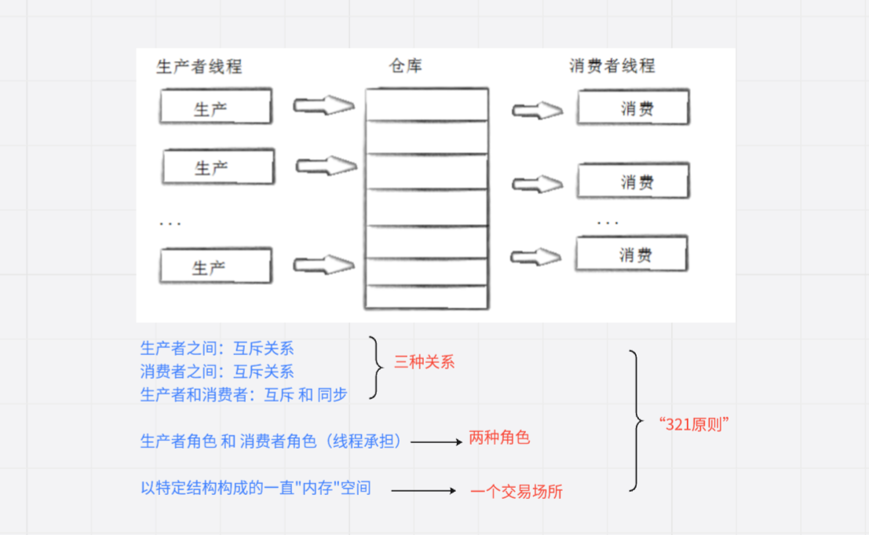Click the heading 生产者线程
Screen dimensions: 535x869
tap(199, 67)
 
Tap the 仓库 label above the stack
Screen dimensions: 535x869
tap(405, 66)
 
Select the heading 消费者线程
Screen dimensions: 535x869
tap(612, 66)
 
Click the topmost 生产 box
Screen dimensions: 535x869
tap(216, 107)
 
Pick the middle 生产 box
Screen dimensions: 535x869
tap(218, 167)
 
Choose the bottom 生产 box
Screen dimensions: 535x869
tap(216, 266)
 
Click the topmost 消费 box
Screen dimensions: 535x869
tap(633, 108)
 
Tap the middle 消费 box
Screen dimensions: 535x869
tap(633, 181)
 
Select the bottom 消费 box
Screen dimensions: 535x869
tap(631, 255)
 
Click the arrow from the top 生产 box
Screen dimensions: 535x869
tap(323, 105)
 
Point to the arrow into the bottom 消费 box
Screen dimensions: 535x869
tap(537, 256)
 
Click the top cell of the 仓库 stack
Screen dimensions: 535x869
tap(426, 105)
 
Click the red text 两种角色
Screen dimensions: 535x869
tap(499, 438)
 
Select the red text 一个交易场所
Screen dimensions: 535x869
tap(517, 493)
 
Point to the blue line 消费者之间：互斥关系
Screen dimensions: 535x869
tap(217, 371)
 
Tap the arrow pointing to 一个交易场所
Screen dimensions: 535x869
tap(423, 491)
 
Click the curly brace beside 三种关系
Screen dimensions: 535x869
tap(377, 367)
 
